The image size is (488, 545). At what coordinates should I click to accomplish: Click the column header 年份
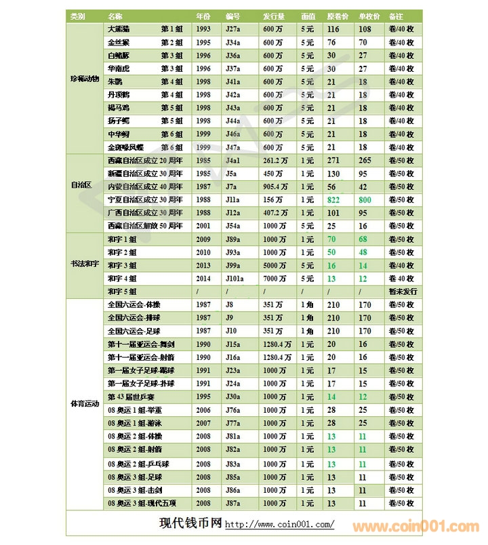pos(203,16)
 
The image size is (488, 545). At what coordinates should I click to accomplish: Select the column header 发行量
pos(274,16)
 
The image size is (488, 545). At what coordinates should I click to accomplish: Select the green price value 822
pos(333,200)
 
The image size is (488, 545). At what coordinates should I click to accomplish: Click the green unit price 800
pos(365,200)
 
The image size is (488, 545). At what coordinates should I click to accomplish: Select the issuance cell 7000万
pos(275,278)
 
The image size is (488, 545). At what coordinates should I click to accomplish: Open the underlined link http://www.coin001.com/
pos(279,525)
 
